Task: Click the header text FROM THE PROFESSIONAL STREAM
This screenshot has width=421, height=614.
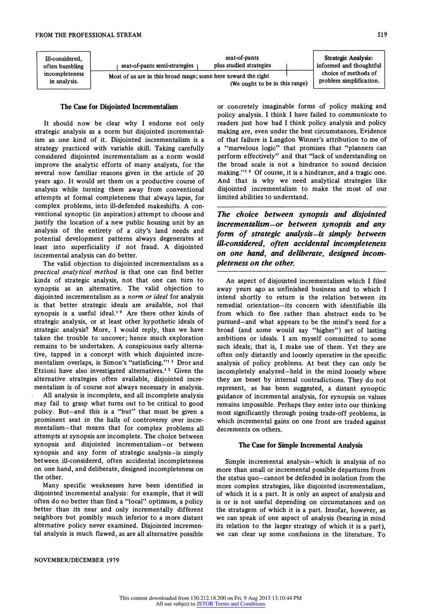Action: click(88, 34)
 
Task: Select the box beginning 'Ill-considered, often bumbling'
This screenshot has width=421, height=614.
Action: click(64, 70)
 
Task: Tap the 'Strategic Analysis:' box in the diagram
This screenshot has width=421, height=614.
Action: click(349, 69)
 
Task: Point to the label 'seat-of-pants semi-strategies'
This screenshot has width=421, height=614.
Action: click(157, 66)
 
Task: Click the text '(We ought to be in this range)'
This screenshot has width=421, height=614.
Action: click(269, 84)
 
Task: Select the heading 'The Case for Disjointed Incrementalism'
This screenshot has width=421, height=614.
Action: click(119, 106)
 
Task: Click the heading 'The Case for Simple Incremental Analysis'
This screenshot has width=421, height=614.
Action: click(301, 445)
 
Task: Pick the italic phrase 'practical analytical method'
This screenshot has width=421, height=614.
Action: click(75, 272)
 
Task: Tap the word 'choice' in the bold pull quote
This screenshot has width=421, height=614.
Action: click(247, 215)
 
